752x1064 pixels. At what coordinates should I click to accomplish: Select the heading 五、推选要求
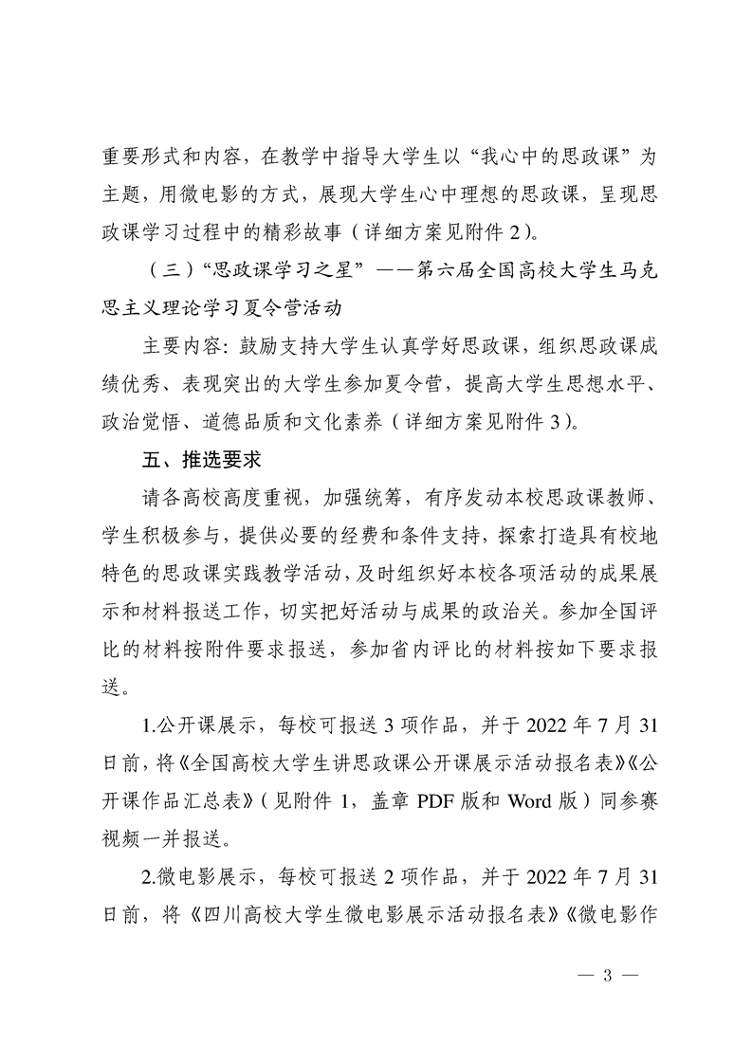click(x=193, y=461)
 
